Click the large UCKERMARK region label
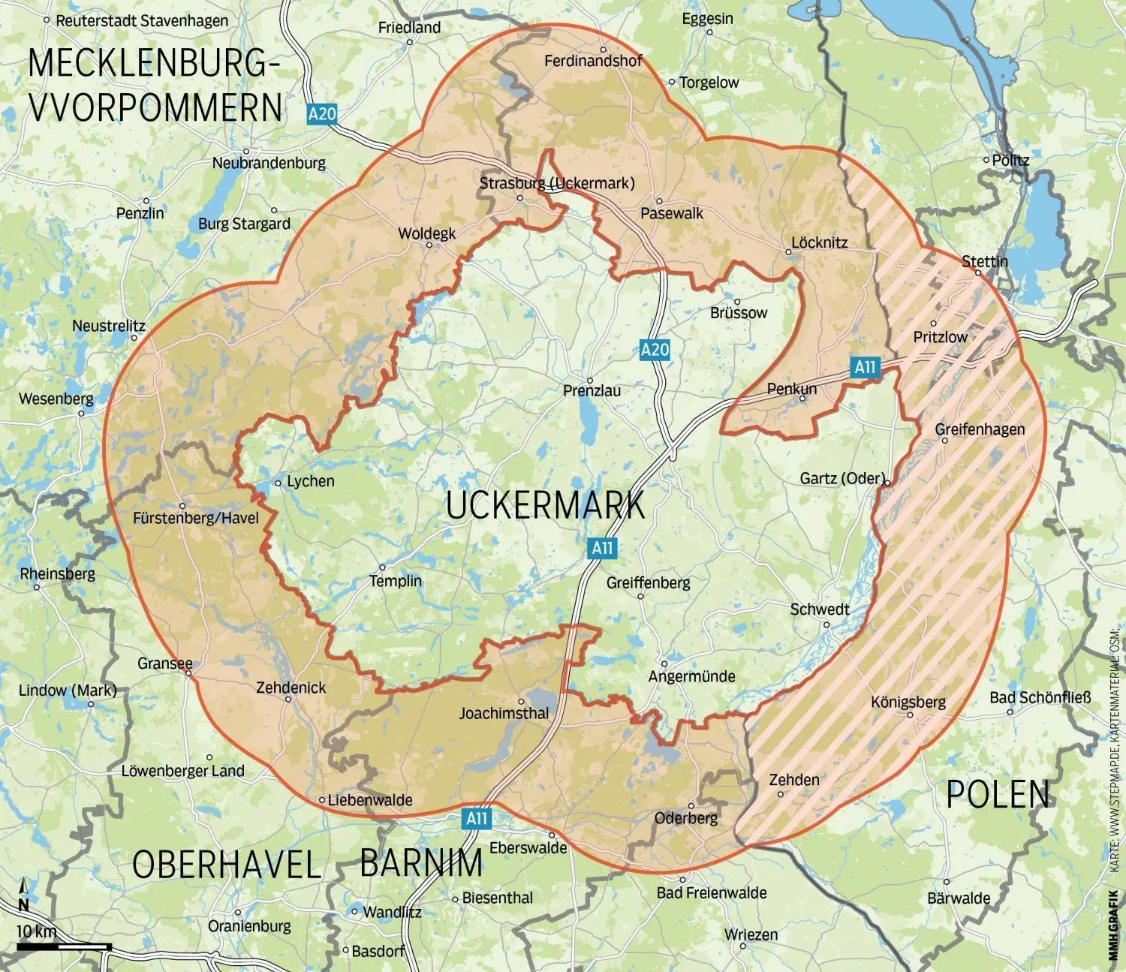[x=545, y=505]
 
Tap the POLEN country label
[x=998, y=795]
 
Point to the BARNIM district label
[x=421, y=863]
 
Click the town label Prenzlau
[x=592, y=391]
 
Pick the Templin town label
[x=396, y=581]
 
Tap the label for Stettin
[x=985, y=261]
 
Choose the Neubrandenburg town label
[x=269, y=163]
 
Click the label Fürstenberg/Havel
[x=195, y=518]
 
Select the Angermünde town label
[x=691, y=676]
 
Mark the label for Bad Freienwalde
[x=711, y=892]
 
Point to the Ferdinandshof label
[x=593, y=61]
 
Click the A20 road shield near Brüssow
[x=655, y=349]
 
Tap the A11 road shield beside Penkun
[x=865, y=366]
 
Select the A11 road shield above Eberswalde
[x=477, y=818]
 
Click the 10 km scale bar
[x=64, y=946]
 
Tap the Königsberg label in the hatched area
[x=908, y=703]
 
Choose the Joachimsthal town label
[x=504, y=713]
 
